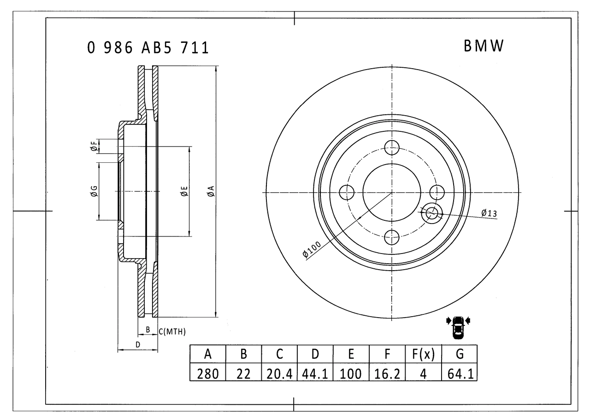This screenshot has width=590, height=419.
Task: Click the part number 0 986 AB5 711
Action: point(147,47)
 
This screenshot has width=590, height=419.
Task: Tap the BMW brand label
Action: point(484,46)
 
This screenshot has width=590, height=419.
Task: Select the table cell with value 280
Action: point(208,373)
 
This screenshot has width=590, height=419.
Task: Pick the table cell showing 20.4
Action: point(279,373)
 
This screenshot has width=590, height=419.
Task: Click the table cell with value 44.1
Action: point(315,373)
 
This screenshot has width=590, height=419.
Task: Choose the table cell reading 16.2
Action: point(387,373)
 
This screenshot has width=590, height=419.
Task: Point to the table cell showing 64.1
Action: point(460,373)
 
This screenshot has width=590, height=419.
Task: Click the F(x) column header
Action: point(423,354)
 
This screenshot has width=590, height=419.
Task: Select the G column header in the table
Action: point(460,354)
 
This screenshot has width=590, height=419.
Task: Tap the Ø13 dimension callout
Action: point(489,213)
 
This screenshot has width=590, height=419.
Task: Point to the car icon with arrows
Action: point(458,326)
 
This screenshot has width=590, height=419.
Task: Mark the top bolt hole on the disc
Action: point(391,148)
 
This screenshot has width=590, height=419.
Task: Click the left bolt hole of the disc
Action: point(346,192)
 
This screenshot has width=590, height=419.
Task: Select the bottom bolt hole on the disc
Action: point(391,237)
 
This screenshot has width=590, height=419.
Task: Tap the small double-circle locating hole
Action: point(432,213)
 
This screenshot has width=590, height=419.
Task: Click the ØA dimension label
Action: point(210,192)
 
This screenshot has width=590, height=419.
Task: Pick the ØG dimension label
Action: point(94,191)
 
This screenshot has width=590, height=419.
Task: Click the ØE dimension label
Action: point(183,191)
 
